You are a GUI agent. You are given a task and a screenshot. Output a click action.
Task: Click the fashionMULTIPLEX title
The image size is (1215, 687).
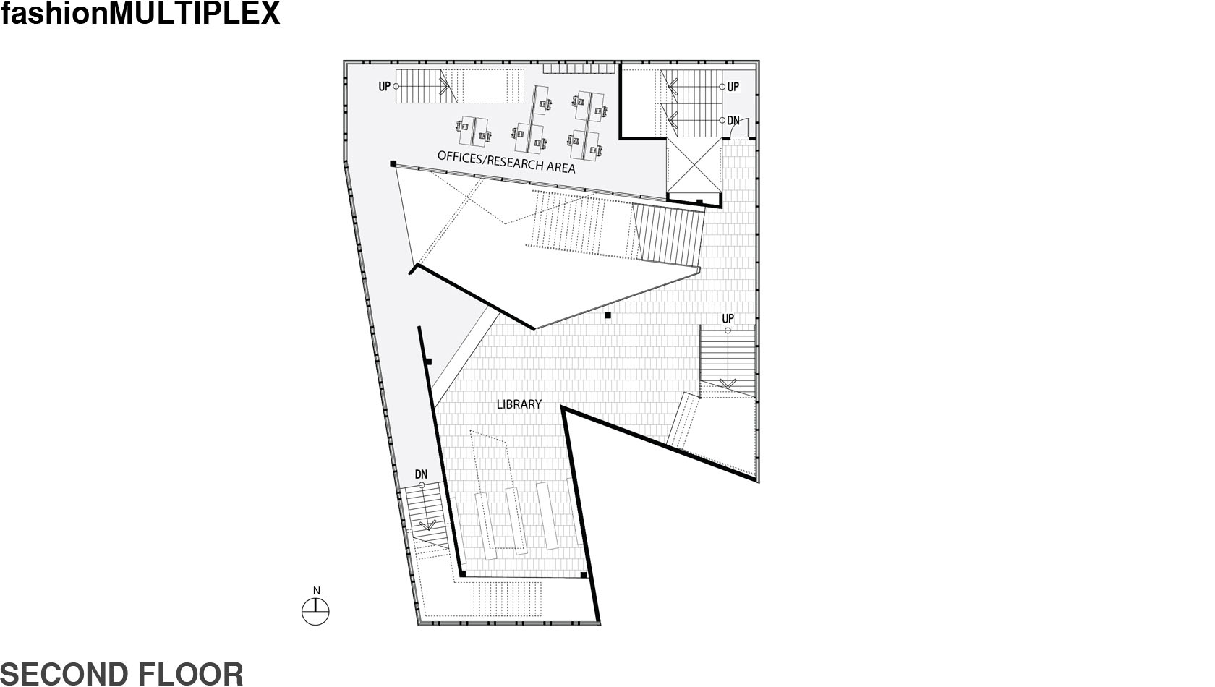click(x=140, y=13)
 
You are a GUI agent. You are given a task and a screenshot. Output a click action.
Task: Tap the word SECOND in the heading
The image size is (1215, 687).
click(x=64, y=675)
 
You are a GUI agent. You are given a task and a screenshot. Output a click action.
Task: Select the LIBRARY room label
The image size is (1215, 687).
click(x=519, y=404)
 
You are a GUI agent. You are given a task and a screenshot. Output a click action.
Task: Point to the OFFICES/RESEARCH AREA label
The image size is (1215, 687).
click(x=506, y=162)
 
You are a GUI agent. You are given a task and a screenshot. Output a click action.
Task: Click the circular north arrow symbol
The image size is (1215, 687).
click(x=315, y=613)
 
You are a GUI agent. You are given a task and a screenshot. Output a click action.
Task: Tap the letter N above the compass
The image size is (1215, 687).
click(x=317, y=591)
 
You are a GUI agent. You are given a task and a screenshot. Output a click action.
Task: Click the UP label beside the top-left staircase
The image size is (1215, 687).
click(x=385, y=86)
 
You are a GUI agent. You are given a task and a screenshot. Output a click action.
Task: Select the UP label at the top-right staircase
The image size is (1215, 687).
click(x=733, y=87)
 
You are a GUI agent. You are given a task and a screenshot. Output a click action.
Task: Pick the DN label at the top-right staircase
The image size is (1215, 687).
click(x=733, y=120)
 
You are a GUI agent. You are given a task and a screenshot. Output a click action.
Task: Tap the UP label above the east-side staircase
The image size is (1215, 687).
click(x=728, y=319)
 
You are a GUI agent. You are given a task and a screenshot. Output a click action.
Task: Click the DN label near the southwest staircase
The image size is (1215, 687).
click(x=421, y=474)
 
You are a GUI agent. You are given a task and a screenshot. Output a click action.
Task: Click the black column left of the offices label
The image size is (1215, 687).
click(x=393, y=163)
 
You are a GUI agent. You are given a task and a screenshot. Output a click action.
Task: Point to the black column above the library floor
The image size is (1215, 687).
click(x=608, y=315)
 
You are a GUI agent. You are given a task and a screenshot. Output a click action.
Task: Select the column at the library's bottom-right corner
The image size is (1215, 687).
click(x=584, y=575)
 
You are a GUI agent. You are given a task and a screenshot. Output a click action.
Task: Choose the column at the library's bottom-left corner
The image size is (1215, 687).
click(x=463, y=573)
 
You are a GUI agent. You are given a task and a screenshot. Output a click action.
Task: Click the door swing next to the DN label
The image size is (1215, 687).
click(x=744, y=126)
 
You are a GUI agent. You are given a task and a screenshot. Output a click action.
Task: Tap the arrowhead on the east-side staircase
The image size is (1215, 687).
click(x=728, y=383)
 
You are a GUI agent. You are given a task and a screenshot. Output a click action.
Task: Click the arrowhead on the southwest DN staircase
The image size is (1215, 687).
click(x=428, y=525)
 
